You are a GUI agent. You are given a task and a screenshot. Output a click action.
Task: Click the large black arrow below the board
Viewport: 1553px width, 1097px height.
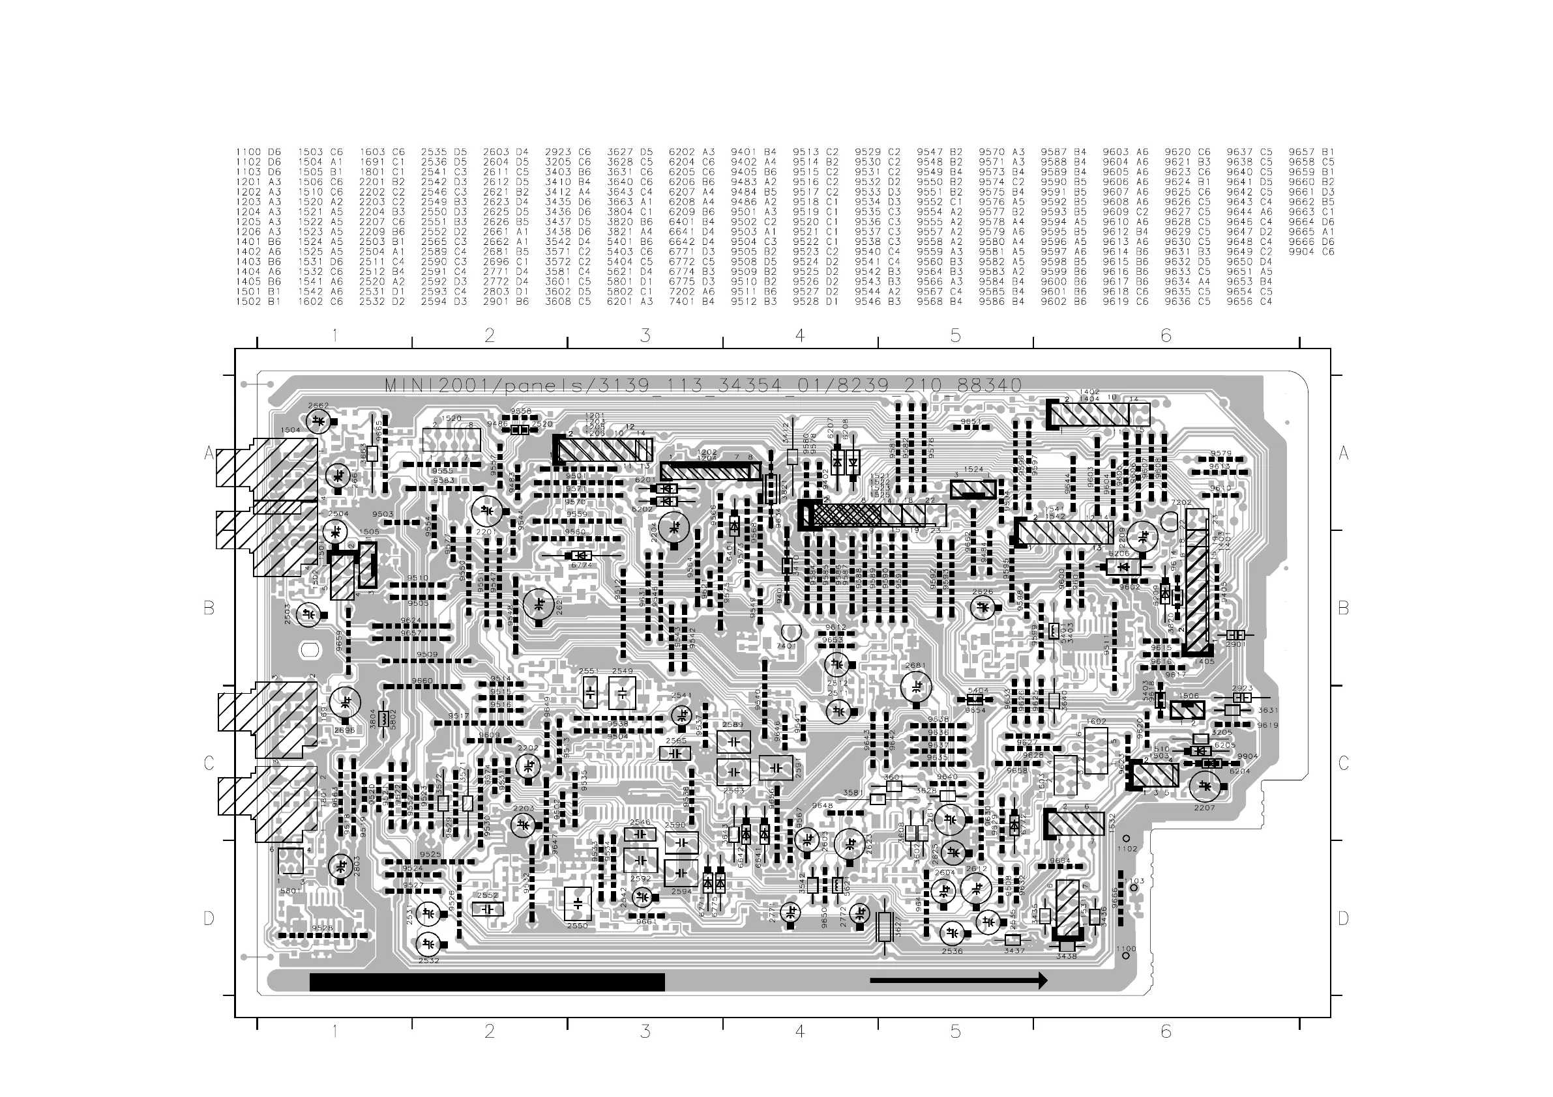click(x=958, y=980)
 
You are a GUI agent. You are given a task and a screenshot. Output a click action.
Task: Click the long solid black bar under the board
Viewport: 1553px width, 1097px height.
click(x=487, y=982)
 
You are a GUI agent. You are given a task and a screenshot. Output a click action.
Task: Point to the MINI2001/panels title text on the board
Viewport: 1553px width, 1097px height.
click(x=703, y=386)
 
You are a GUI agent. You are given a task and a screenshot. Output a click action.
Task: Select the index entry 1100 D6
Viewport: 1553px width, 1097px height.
click(x=258, y=152)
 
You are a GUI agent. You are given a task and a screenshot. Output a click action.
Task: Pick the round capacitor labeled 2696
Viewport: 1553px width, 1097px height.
click(x=346, y=702)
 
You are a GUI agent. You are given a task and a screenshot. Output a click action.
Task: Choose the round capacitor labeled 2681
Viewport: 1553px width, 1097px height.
click(x=916, y=687)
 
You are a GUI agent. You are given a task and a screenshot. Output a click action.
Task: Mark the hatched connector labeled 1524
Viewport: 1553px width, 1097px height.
click(x=973, y=489)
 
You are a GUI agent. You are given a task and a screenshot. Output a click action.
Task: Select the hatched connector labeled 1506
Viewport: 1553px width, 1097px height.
click(x=1187, y=709)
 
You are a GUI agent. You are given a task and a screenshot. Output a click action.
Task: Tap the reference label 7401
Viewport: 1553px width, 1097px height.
click(x=785, y=646)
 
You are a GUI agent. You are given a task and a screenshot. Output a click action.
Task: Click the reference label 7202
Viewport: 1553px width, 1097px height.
click(x=1180, y=503)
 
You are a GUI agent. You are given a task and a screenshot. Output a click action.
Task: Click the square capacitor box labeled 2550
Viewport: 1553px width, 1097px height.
click(x=578, y=903)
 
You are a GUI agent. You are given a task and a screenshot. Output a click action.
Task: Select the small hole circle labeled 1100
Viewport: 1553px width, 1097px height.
click(x=1126, y=956)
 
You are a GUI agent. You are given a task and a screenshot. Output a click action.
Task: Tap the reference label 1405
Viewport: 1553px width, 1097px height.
click(x=1205, y=662)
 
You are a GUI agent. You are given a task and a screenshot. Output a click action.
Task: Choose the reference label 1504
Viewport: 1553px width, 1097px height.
click(x=290, y=430)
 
